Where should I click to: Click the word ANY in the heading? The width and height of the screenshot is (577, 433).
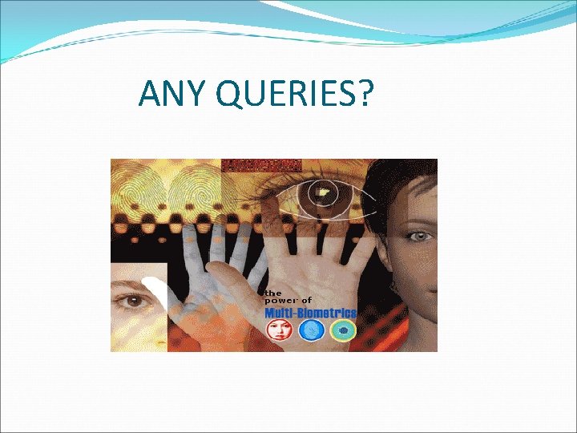pos(163,95)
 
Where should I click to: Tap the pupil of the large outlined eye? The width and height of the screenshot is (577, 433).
pos(322,192)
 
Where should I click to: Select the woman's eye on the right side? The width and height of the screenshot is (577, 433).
pos(418,237)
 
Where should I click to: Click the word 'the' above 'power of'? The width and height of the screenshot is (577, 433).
pos(273,293)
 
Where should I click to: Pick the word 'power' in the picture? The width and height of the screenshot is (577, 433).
pos(279,301)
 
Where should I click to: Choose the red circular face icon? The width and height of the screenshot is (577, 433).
pos(280,330)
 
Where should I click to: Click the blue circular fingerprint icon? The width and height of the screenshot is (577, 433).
pos(312,330)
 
